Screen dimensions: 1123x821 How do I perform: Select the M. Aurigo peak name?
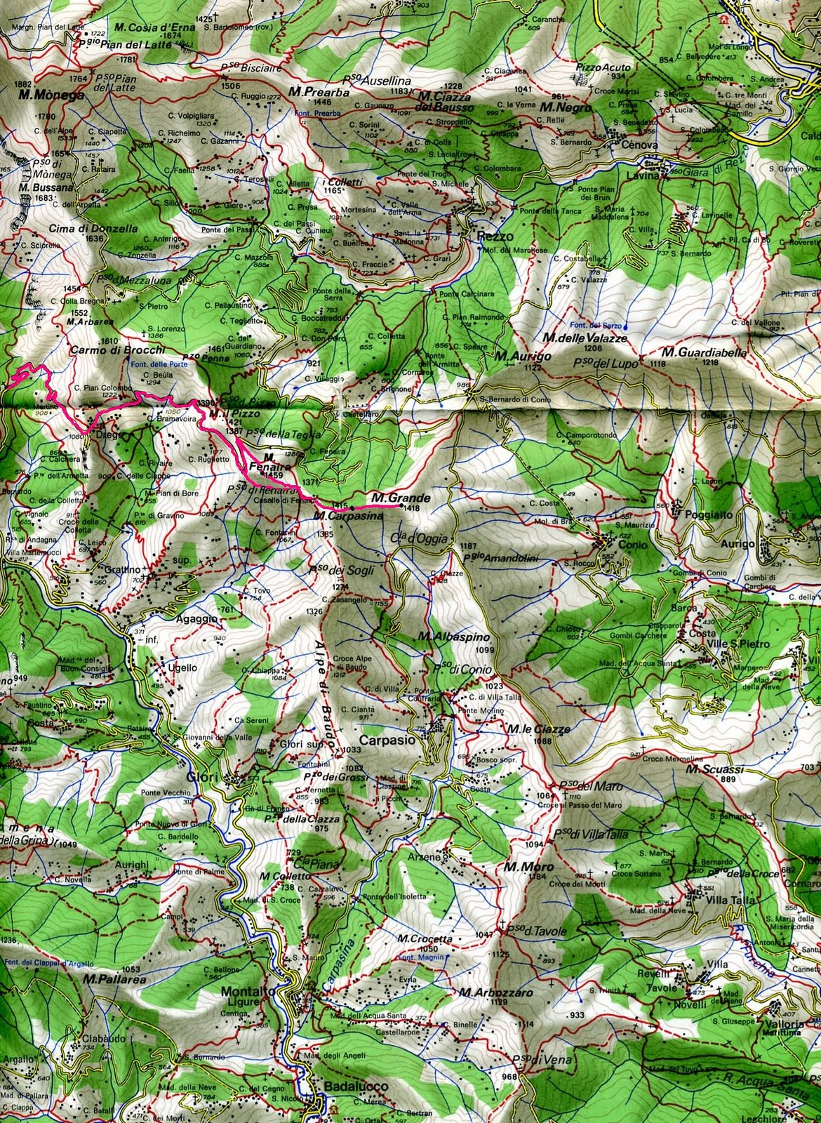tap(519, 357)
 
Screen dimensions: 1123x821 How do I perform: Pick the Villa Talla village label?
tap(720, 904)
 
